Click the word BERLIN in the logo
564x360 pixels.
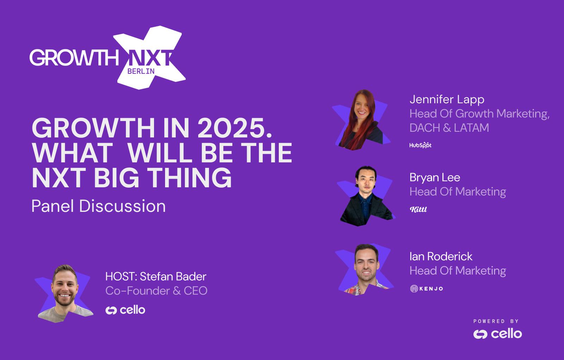click(141, 71)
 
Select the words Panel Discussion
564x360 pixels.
click(98, 206)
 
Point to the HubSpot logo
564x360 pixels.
click(420, 145)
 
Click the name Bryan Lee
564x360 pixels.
click(435, 178)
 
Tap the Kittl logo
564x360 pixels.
click(418, 209)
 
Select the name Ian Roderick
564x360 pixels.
click(441, 256)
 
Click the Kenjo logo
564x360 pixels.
click(427, 288)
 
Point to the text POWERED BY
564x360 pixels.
click(496, 321)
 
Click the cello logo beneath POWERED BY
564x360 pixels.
click(497, 334)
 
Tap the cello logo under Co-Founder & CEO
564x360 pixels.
click(125, 310)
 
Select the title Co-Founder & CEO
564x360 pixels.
click(157, 291)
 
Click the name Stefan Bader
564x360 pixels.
click(173, 277)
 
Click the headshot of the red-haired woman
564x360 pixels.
click(361, 120)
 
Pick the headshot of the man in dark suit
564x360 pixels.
click(366, 196)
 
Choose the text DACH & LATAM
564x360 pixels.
click(449, 128)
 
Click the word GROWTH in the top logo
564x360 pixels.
click(74, 58)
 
